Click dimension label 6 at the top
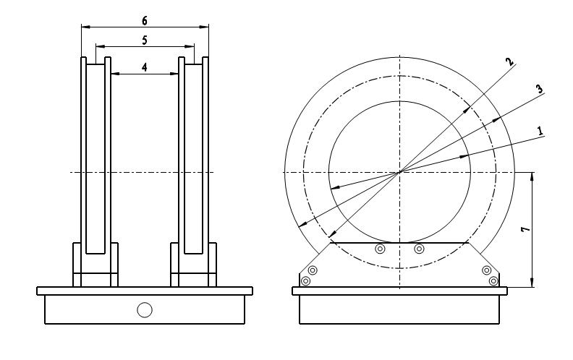pyautogui.click(x=145, y=21)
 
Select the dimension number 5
pyautogui.click(x=145, y=40)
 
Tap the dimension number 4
pyautogui.click(x=145, y=67)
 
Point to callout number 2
pyautogui.click(x=510, y=61)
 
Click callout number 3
pyautogui.click(x=539, y=89)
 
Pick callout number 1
pyautogui.click(x=540, y=131)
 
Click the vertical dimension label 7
pyautogui.click(x=525, y=229)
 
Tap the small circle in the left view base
pyautogui.click(x=145, y=310)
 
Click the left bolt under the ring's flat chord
pyautogui.click(x=381, y=249)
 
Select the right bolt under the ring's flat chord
pyautogui.click(x=419, y=249)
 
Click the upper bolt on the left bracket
pyautogui.click(x=313, y=270)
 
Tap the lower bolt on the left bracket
pyautogui.click(x=305, y=281)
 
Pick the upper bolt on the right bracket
pyautogui.click(x=486, y=270)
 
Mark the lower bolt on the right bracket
pyautogui.click(x=493, y=281)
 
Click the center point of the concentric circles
pyautogui.click(x=400, y=172)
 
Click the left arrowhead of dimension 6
pyautogui.click(x=85, y=27)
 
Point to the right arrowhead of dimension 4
pyautogui.click(x=174, y=74)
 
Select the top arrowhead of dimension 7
pyautogui.click(x=532, y=176)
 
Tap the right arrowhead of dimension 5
pyautogui.click(x=190, y=46)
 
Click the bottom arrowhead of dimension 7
pyautogui.click(x=532, y=283)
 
